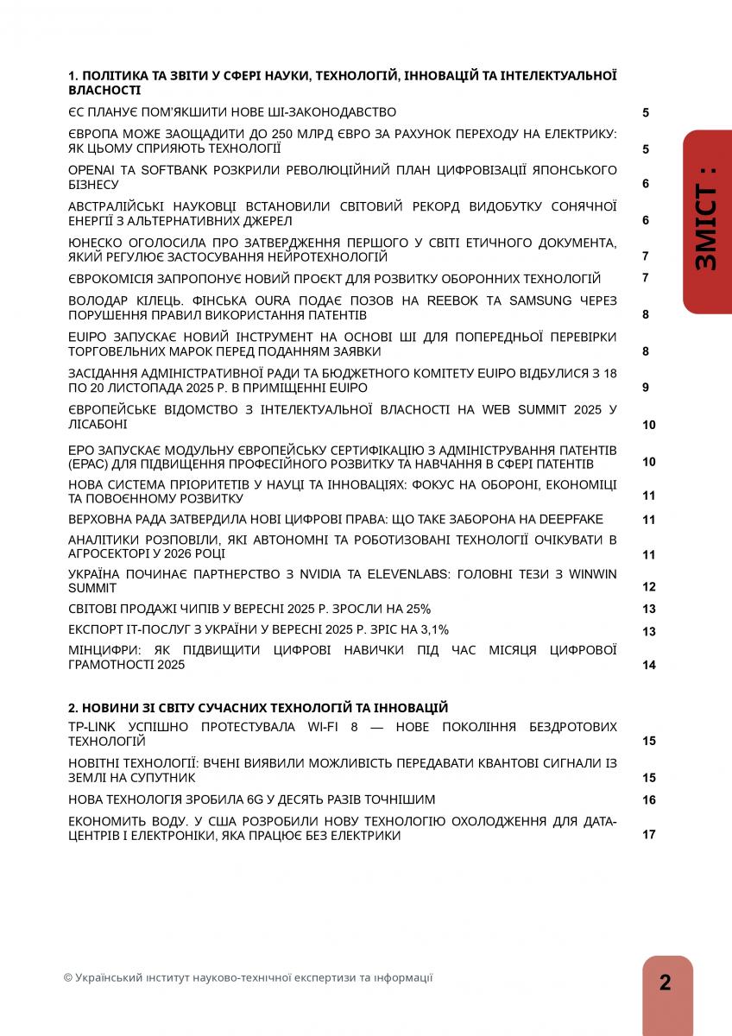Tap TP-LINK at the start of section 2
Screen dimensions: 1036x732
point(91,727)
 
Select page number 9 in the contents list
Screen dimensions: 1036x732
point(645,388)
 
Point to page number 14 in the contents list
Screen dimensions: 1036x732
point(648,665)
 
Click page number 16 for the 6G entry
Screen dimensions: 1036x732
point(648,800)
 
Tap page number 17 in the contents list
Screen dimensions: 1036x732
point(648,835)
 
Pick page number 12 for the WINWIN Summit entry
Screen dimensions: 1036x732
point(648,587)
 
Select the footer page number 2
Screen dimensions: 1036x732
point(666,982)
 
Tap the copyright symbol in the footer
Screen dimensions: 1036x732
point(68,978)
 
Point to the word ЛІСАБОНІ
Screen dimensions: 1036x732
point(98,424)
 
